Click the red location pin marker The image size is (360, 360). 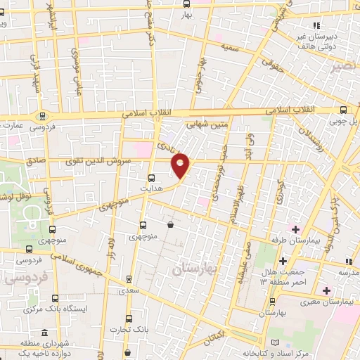coord(181,165)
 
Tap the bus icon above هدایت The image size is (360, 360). coord(152,178)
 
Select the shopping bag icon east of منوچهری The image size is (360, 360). coord(171,225)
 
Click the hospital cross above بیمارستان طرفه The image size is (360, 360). coord(295,229)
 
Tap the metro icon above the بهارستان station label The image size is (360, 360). coord(272,300)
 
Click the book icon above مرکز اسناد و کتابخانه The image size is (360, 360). coord(265,342)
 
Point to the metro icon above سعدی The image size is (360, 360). coord(128,278)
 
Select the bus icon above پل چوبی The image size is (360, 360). coord(344,110)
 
